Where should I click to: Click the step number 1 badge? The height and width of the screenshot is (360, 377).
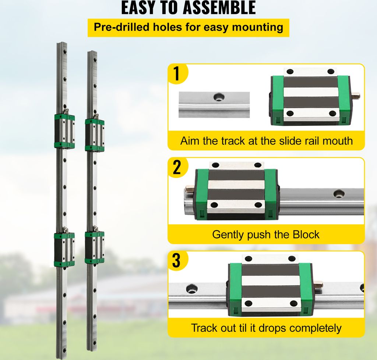(177, 73)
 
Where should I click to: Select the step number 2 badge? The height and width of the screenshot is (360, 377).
(177, 168)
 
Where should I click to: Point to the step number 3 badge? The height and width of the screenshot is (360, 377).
(177, 261)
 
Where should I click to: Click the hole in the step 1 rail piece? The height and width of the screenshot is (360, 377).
(219, 97)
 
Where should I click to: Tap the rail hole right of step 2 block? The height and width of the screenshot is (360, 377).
(338, 193)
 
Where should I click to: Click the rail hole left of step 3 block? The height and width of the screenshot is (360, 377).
(191, 289)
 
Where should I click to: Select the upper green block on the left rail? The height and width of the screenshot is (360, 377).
(65, 131)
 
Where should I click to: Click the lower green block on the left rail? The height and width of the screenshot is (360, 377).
(65, 249)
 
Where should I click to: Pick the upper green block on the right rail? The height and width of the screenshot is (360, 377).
(95, 134)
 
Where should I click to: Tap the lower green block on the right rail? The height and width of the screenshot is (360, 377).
(95, 247)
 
